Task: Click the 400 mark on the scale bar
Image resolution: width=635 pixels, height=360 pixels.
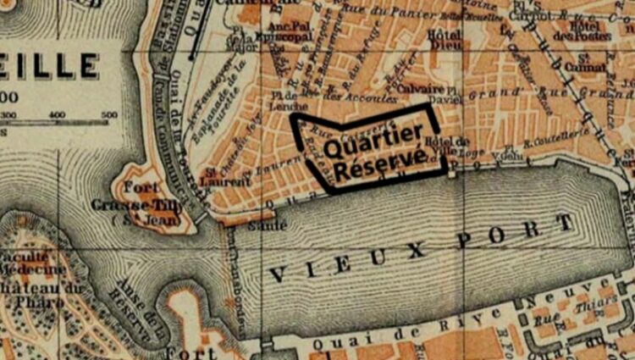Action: coord(57,115)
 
